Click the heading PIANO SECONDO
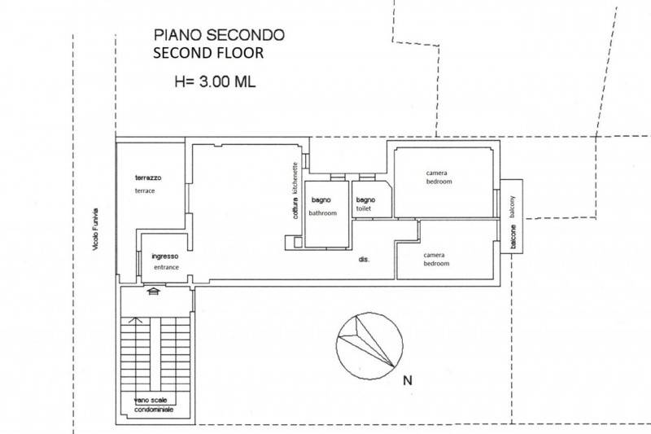coord(218,35)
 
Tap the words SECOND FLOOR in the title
coord(209,54)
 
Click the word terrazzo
coord(149,178)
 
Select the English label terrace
coord(145,191)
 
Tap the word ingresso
coord(164,256)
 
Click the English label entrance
coord(164,267)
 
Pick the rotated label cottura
coord(295,208)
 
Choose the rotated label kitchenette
coord(295,176)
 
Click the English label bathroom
coord(322,213)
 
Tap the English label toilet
coord(363,209)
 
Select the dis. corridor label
coord(365,260)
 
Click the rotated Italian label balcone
coord(513,236)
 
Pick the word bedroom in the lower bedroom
coord(435,264)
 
